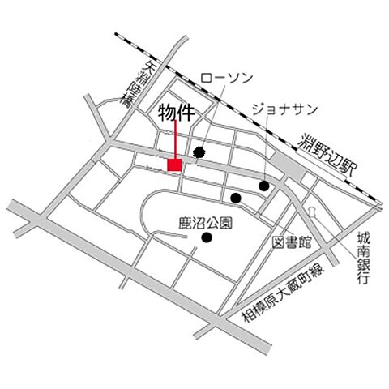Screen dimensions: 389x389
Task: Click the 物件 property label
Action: click(x=176, y=113)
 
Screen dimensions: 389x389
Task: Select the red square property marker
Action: click(x=173, y=165)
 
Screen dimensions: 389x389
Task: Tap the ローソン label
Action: click(x=227, y=79)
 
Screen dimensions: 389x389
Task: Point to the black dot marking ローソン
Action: click(x=199, y=152)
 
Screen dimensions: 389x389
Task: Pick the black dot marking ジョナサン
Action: click(x=264, y=186)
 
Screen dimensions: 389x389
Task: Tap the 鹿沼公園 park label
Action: click(x=207, y=220)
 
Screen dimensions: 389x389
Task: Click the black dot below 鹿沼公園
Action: click(x=207, y=237)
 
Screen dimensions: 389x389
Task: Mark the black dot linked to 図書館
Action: click(x=236, y=198)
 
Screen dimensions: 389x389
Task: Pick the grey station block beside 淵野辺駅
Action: click(x=288, y=169)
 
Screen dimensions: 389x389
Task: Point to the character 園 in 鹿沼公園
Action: click(x=229, y=220)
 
